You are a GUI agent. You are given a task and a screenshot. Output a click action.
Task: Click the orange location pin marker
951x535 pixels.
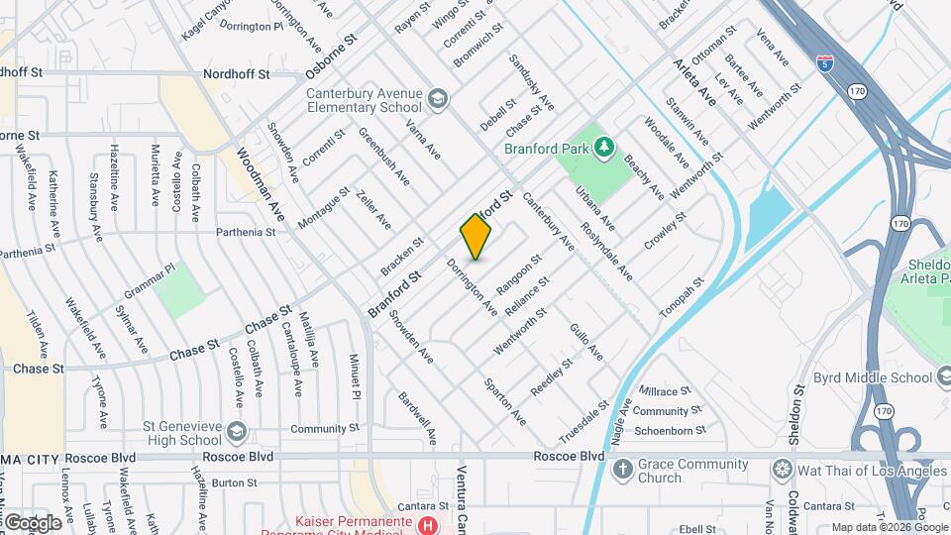click(x=475, y=237)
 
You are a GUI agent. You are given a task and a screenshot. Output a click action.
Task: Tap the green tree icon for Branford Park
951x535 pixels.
click(x=603, y=149)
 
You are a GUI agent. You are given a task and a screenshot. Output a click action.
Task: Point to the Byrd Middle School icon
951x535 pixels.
click(x=942, y=376)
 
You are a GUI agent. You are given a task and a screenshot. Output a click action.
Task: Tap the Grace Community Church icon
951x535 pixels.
click(x=622, y=468)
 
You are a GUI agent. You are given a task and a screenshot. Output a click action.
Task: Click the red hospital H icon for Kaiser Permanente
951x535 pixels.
click(x=427, y=524)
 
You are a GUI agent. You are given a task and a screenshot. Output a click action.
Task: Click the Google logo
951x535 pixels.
click(x=33, y=522)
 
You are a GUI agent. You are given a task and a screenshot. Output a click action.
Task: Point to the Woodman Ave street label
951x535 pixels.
click(x=261, y=184)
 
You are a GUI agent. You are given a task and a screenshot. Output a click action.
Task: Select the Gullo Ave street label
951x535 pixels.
click(x=585, y=340)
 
